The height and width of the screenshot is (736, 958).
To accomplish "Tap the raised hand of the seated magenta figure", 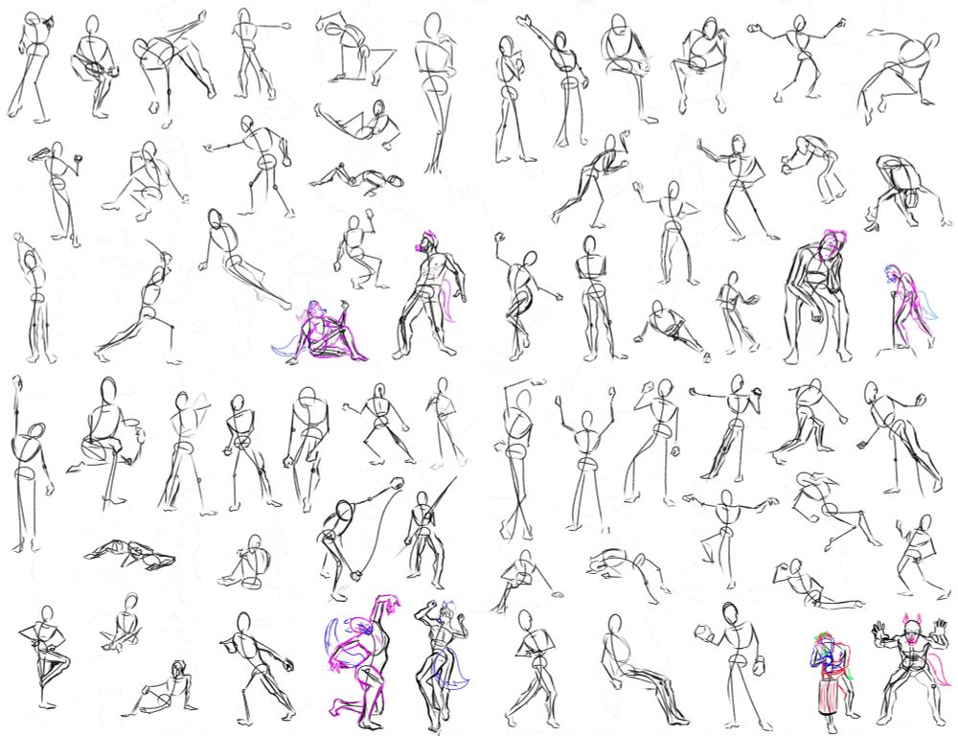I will pyautogui.click(x=344, y=305).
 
